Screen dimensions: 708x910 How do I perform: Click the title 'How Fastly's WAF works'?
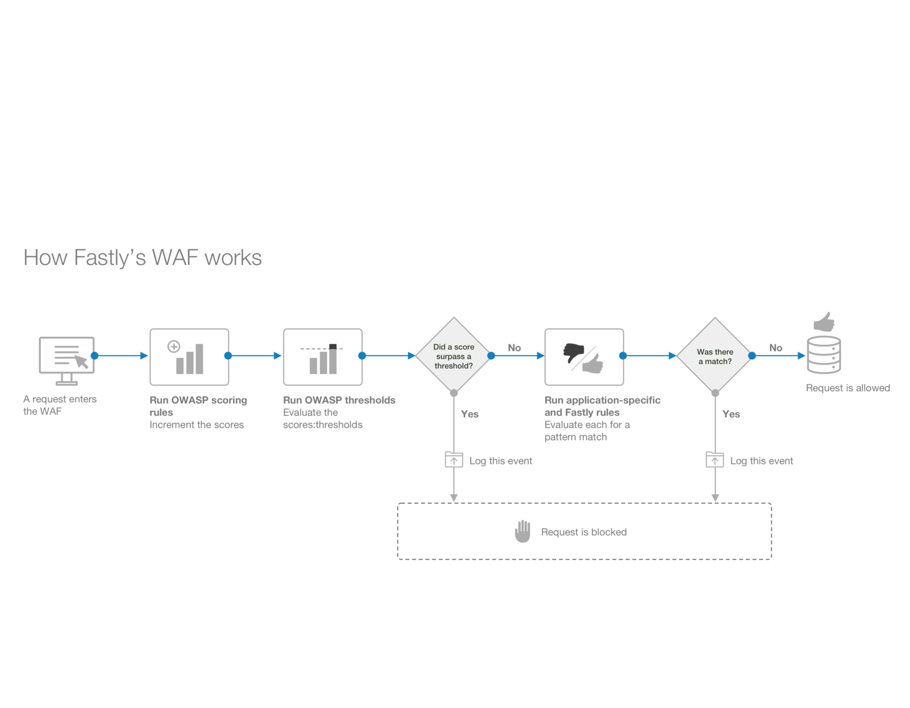pos(142,258)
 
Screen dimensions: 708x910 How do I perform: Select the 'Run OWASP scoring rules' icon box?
pos(189,357)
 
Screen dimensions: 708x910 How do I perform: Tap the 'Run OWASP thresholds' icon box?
pos(323,357)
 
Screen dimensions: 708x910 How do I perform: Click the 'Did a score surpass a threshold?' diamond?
pos(454,356)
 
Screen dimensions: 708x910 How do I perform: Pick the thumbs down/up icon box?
pos(584,357)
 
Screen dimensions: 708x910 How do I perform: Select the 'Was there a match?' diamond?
pos(715,356)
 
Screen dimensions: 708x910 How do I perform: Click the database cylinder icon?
pos(823,355)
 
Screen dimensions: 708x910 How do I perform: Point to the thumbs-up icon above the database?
pos(824,322)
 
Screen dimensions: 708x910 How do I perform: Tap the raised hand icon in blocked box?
pos(523,532)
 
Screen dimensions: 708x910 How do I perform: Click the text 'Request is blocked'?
pos(584,532)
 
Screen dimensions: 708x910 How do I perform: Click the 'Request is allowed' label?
pos(847,388)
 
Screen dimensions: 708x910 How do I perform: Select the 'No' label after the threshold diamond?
pos(514,348)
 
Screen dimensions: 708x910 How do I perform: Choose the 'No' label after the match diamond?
pos(776,348)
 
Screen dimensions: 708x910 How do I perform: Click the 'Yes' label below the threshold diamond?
pos(469,414)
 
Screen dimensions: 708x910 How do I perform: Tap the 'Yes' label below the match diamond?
pos(731,414)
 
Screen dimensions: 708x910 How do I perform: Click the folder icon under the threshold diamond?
pos(454,460)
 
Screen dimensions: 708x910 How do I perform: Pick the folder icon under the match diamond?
pos(715,460)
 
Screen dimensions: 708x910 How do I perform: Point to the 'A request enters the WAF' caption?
pos(60,405)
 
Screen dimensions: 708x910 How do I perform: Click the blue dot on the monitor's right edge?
pos(94,356)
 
